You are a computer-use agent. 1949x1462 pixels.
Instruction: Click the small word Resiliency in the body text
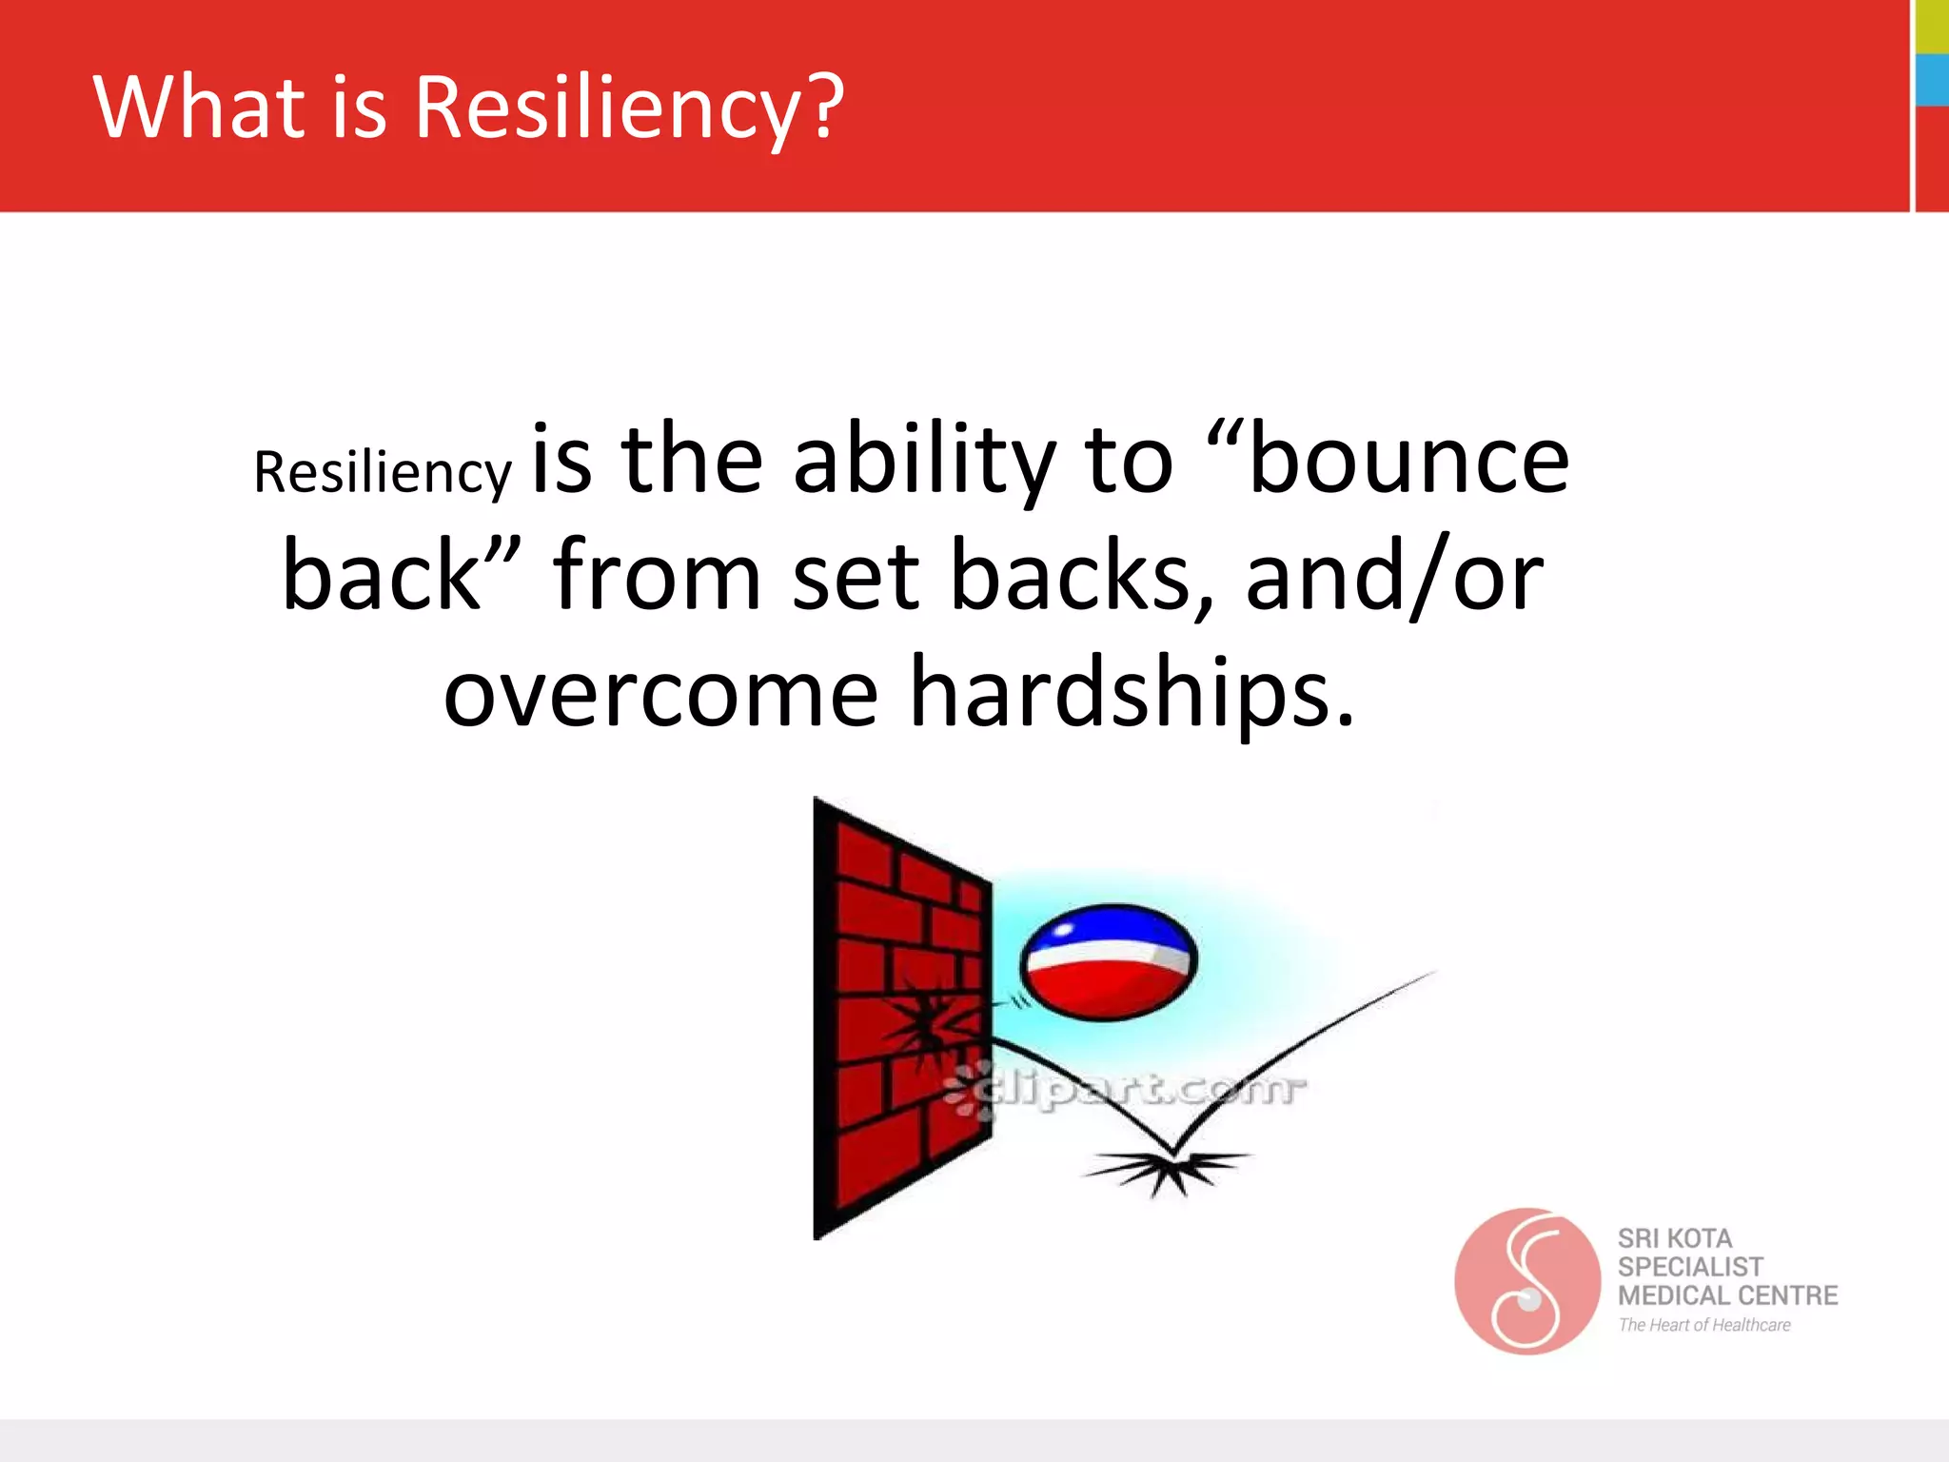382,472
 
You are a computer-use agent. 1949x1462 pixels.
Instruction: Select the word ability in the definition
924,461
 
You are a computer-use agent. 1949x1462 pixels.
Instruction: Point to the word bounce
1408,461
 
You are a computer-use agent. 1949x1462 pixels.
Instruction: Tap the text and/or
1394,577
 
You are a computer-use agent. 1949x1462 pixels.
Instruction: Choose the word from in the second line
657,575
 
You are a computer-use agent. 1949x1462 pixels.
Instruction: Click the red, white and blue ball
1108,961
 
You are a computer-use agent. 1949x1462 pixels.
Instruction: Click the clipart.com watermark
1128,1090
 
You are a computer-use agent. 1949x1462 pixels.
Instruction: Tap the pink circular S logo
1526,1281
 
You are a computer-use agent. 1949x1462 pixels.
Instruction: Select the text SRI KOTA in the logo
1675,1238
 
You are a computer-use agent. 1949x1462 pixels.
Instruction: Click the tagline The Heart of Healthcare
1703,1325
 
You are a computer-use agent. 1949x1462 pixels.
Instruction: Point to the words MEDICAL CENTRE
1727,1295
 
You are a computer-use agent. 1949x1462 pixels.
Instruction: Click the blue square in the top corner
1932,80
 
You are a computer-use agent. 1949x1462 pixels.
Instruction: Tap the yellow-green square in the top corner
1932,26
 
